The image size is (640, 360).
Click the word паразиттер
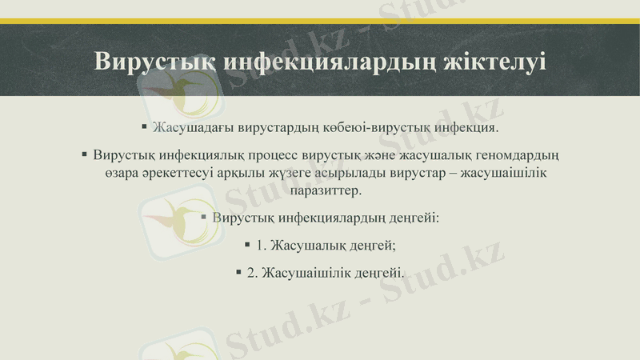coord(320,191)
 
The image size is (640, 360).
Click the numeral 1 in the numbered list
coord(259,245)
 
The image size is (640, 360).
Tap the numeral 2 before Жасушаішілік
coord(251,272)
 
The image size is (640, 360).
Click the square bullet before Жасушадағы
coord(144,127)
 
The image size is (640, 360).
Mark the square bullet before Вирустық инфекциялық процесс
coord(84,154)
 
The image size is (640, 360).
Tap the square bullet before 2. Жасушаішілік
coord(238,271)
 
